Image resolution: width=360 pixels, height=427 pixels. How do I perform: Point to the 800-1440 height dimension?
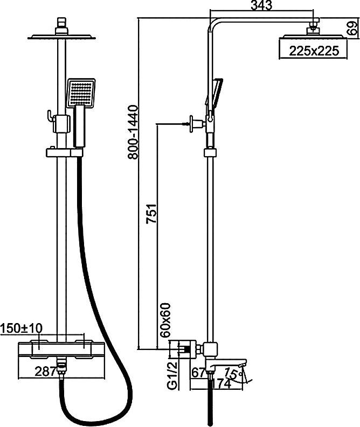coord(133,132)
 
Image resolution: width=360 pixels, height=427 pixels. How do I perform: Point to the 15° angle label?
coord(233,373)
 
